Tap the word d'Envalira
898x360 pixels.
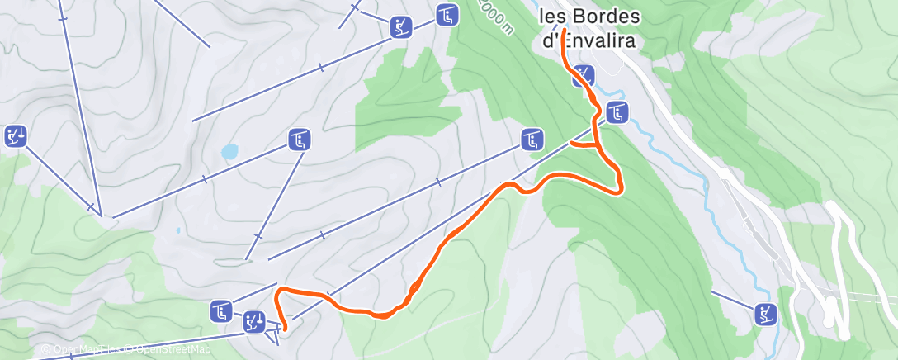583,39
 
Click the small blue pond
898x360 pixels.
229,152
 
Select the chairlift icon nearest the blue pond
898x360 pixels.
300,140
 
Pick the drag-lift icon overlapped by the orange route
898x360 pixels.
584,76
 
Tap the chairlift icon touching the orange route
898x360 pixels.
617,112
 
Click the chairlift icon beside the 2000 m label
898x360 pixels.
447,15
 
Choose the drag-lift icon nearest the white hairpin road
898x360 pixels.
766,312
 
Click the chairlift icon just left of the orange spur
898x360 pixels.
533,140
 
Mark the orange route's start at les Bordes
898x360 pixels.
564,31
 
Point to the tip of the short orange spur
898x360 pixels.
571,144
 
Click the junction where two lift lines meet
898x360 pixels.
101,215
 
